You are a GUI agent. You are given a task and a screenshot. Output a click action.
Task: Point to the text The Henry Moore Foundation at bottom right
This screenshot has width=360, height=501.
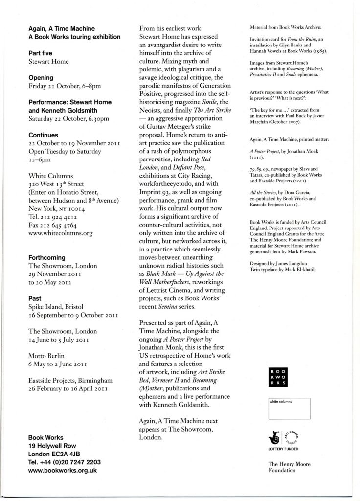[x=289, y=467]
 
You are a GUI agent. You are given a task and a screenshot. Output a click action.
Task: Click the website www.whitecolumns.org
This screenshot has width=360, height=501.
[x=61, y=234]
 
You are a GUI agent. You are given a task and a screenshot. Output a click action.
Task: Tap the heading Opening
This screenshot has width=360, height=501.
[x=41, y=77]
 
